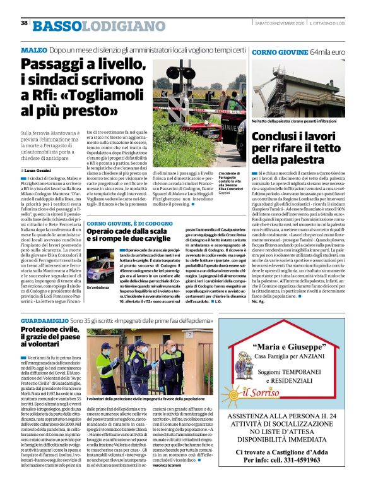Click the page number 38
pos(24,23)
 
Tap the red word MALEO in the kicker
pos(33,50)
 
